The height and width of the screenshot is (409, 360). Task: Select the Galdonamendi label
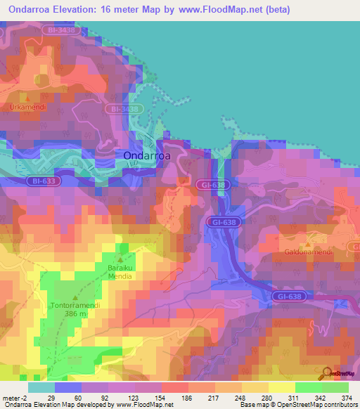pyautogui.click(x=307, y=251)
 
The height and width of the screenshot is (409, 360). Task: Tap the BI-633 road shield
pyautogui.click(x=43, y=181)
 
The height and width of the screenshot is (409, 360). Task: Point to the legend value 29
pyautogui.click(x=51, y=398)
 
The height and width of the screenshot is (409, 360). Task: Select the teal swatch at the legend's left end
pyautogui.click(x=41, y=387)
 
